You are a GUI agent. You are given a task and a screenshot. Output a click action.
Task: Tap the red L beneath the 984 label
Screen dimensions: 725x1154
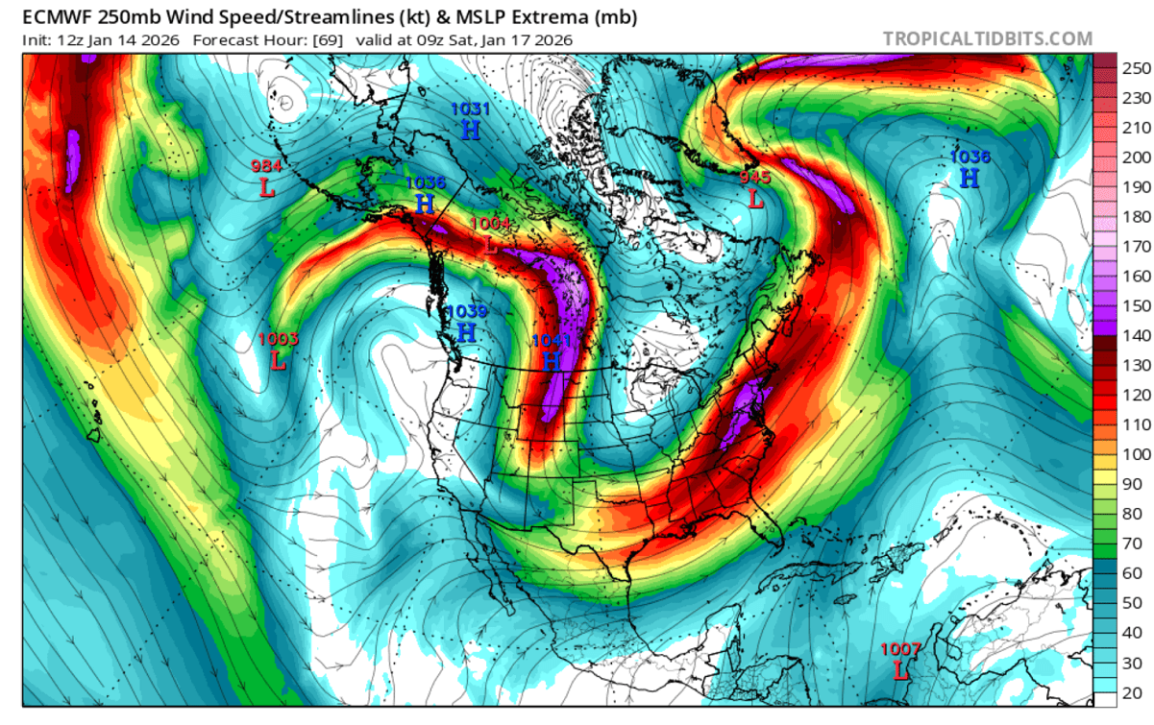coord(267,188)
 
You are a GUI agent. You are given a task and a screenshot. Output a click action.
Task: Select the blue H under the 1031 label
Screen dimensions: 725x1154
coord(470,131)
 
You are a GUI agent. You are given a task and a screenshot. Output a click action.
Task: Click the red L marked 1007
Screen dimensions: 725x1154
coord(900,670)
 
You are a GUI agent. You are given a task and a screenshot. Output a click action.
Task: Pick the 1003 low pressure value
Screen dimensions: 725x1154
coord(279,338)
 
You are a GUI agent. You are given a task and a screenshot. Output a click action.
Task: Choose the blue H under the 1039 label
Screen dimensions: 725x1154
coord(466,332)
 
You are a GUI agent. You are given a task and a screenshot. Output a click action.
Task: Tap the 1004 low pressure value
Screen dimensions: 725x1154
coord(490,223)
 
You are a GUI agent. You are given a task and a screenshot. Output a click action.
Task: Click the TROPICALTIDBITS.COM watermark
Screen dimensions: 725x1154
coord(987,39)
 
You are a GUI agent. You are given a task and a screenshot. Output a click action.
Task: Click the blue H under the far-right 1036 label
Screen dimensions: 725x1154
coord(970,178)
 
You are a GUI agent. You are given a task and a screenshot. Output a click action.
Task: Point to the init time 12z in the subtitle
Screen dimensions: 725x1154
coord(69,40)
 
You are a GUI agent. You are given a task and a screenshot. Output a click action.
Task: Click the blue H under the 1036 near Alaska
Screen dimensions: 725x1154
coord(425,203)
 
